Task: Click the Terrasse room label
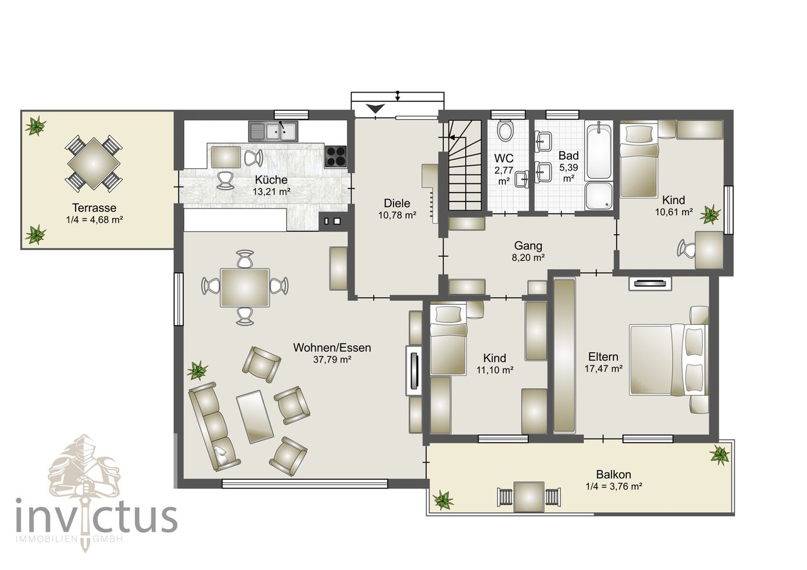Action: (x=94, y=208)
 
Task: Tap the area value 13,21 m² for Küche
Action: (x=271, y=191)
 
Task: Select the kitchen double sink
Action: (x=273, y=131)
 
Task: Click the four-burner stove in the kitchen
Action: (x=335, y=157)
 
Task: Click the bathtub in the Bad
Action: (x=598, y=152)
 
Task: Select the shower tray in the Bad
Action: (x=598, y=196)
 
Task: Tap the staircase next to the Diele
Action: (x=465, y=166)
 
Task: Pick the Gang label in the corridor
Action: (x=528, y=246)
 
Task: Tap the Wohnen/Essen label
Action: (x=332, y=348)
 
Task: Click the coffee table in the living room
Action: (x=254, y=417)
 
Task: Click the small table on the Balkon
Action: (x=528, y=496)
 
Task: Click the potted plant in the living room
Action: (x=197, y=370)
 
